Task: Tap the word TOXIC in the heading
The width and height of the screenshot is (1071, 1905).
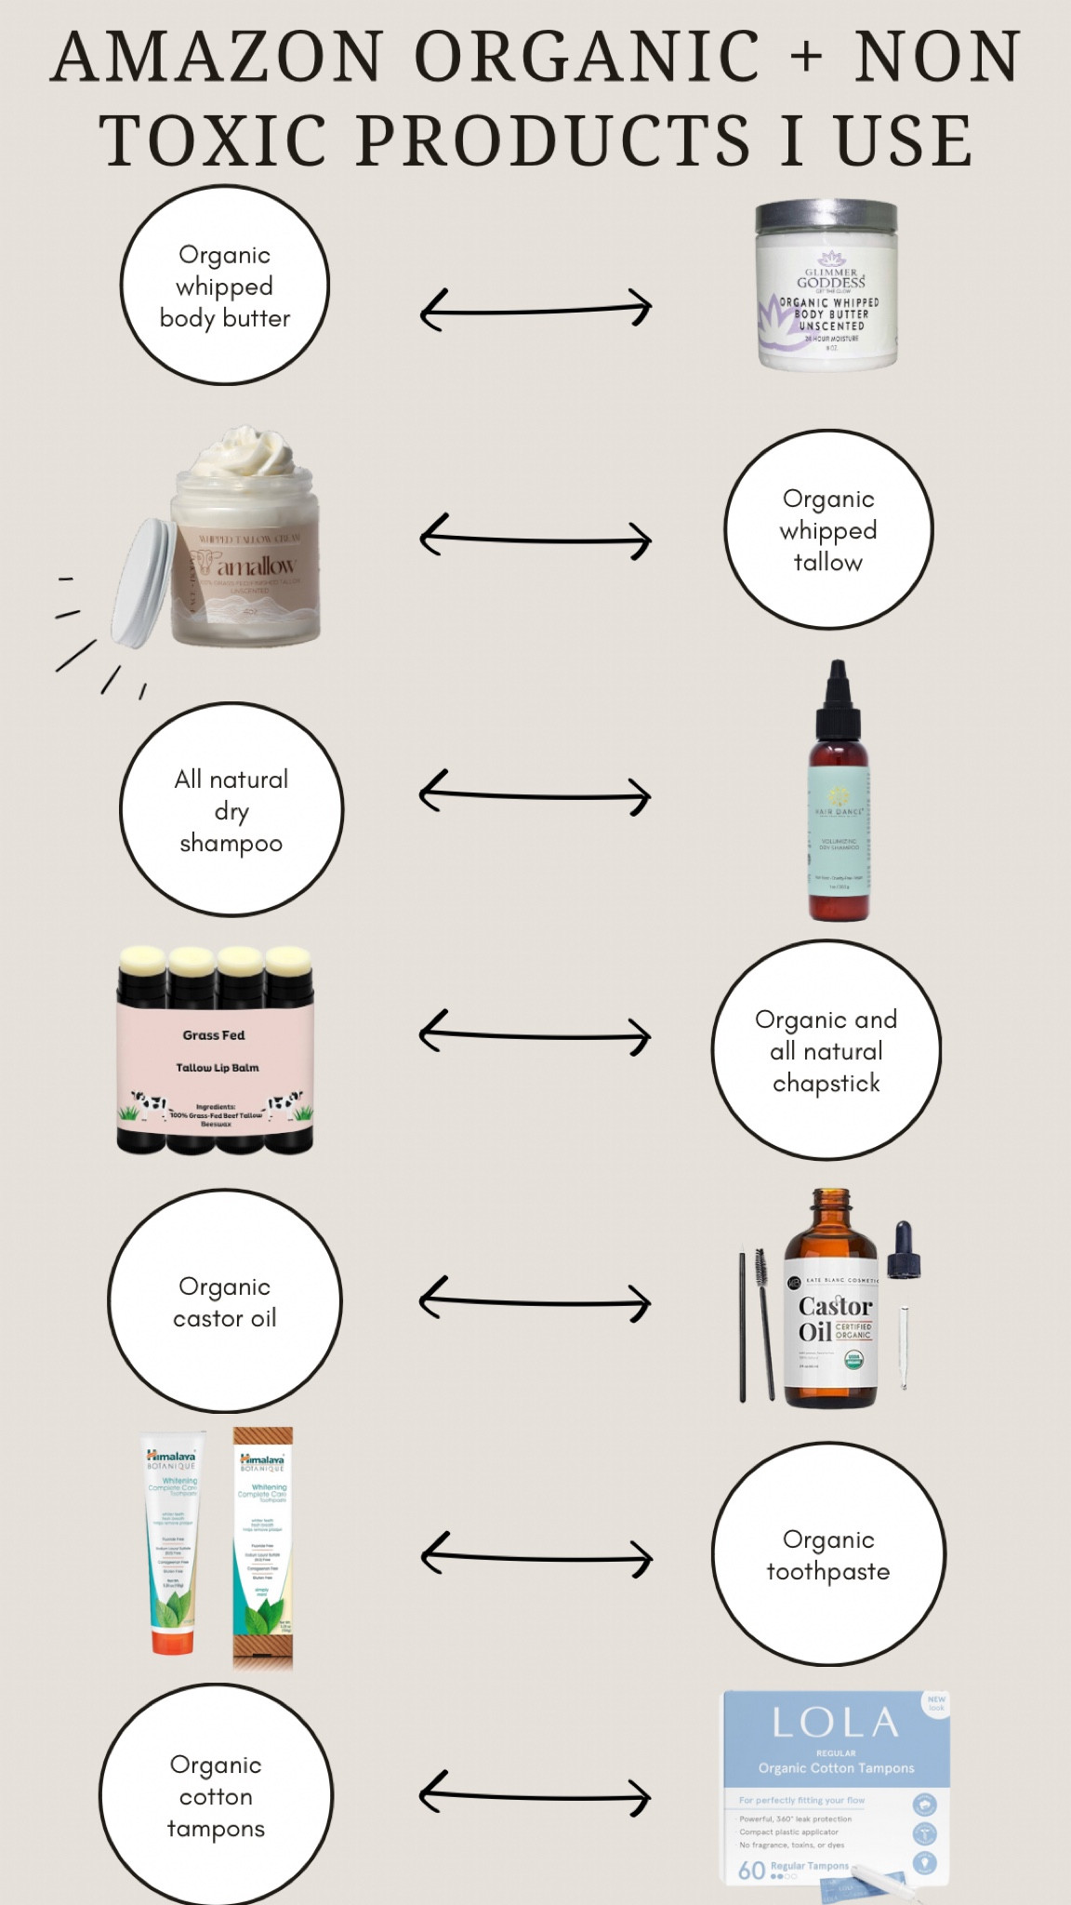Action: pyautogui.click(x=214, y=141)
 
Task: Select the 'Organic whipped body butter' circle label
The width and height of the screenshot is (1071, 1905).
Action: pyautogui.click(x=225, y=286)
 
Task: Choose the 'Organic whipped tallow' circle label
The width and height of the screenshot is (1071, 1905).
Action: pyautogui.click(x=828, y=529)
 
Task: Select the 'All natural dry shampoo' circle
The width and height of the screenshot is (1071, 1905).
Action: pyautogui.click(x=231, y=810)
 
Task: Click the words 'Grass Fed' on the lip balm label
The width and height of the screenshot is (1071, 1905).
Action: pyautogui.click(x=214, y=1035)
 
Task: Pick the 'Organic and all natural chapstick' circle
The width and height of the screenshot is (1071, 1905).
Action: pyautogui.click(x=826, y=1050)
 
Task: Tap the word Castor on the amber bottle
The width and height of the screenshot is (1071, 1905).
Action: pyautogui.click(x=835, y=1306)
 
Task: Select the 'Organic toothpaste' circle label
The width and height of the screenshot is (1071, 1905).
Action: pyautogui.click(x=828, y=1554)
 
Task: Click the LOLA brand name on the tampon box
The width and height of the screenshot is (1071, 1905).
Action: pyautogui.click(x=835, y=1723)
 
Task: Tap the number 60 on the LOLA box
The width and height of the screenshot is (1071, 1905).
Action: pyautogui.click(x=751, y=1870)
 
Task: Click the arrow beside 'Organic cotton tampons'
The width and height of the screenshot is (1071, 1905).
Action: pyautogui.click(x=535, y=1792)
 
